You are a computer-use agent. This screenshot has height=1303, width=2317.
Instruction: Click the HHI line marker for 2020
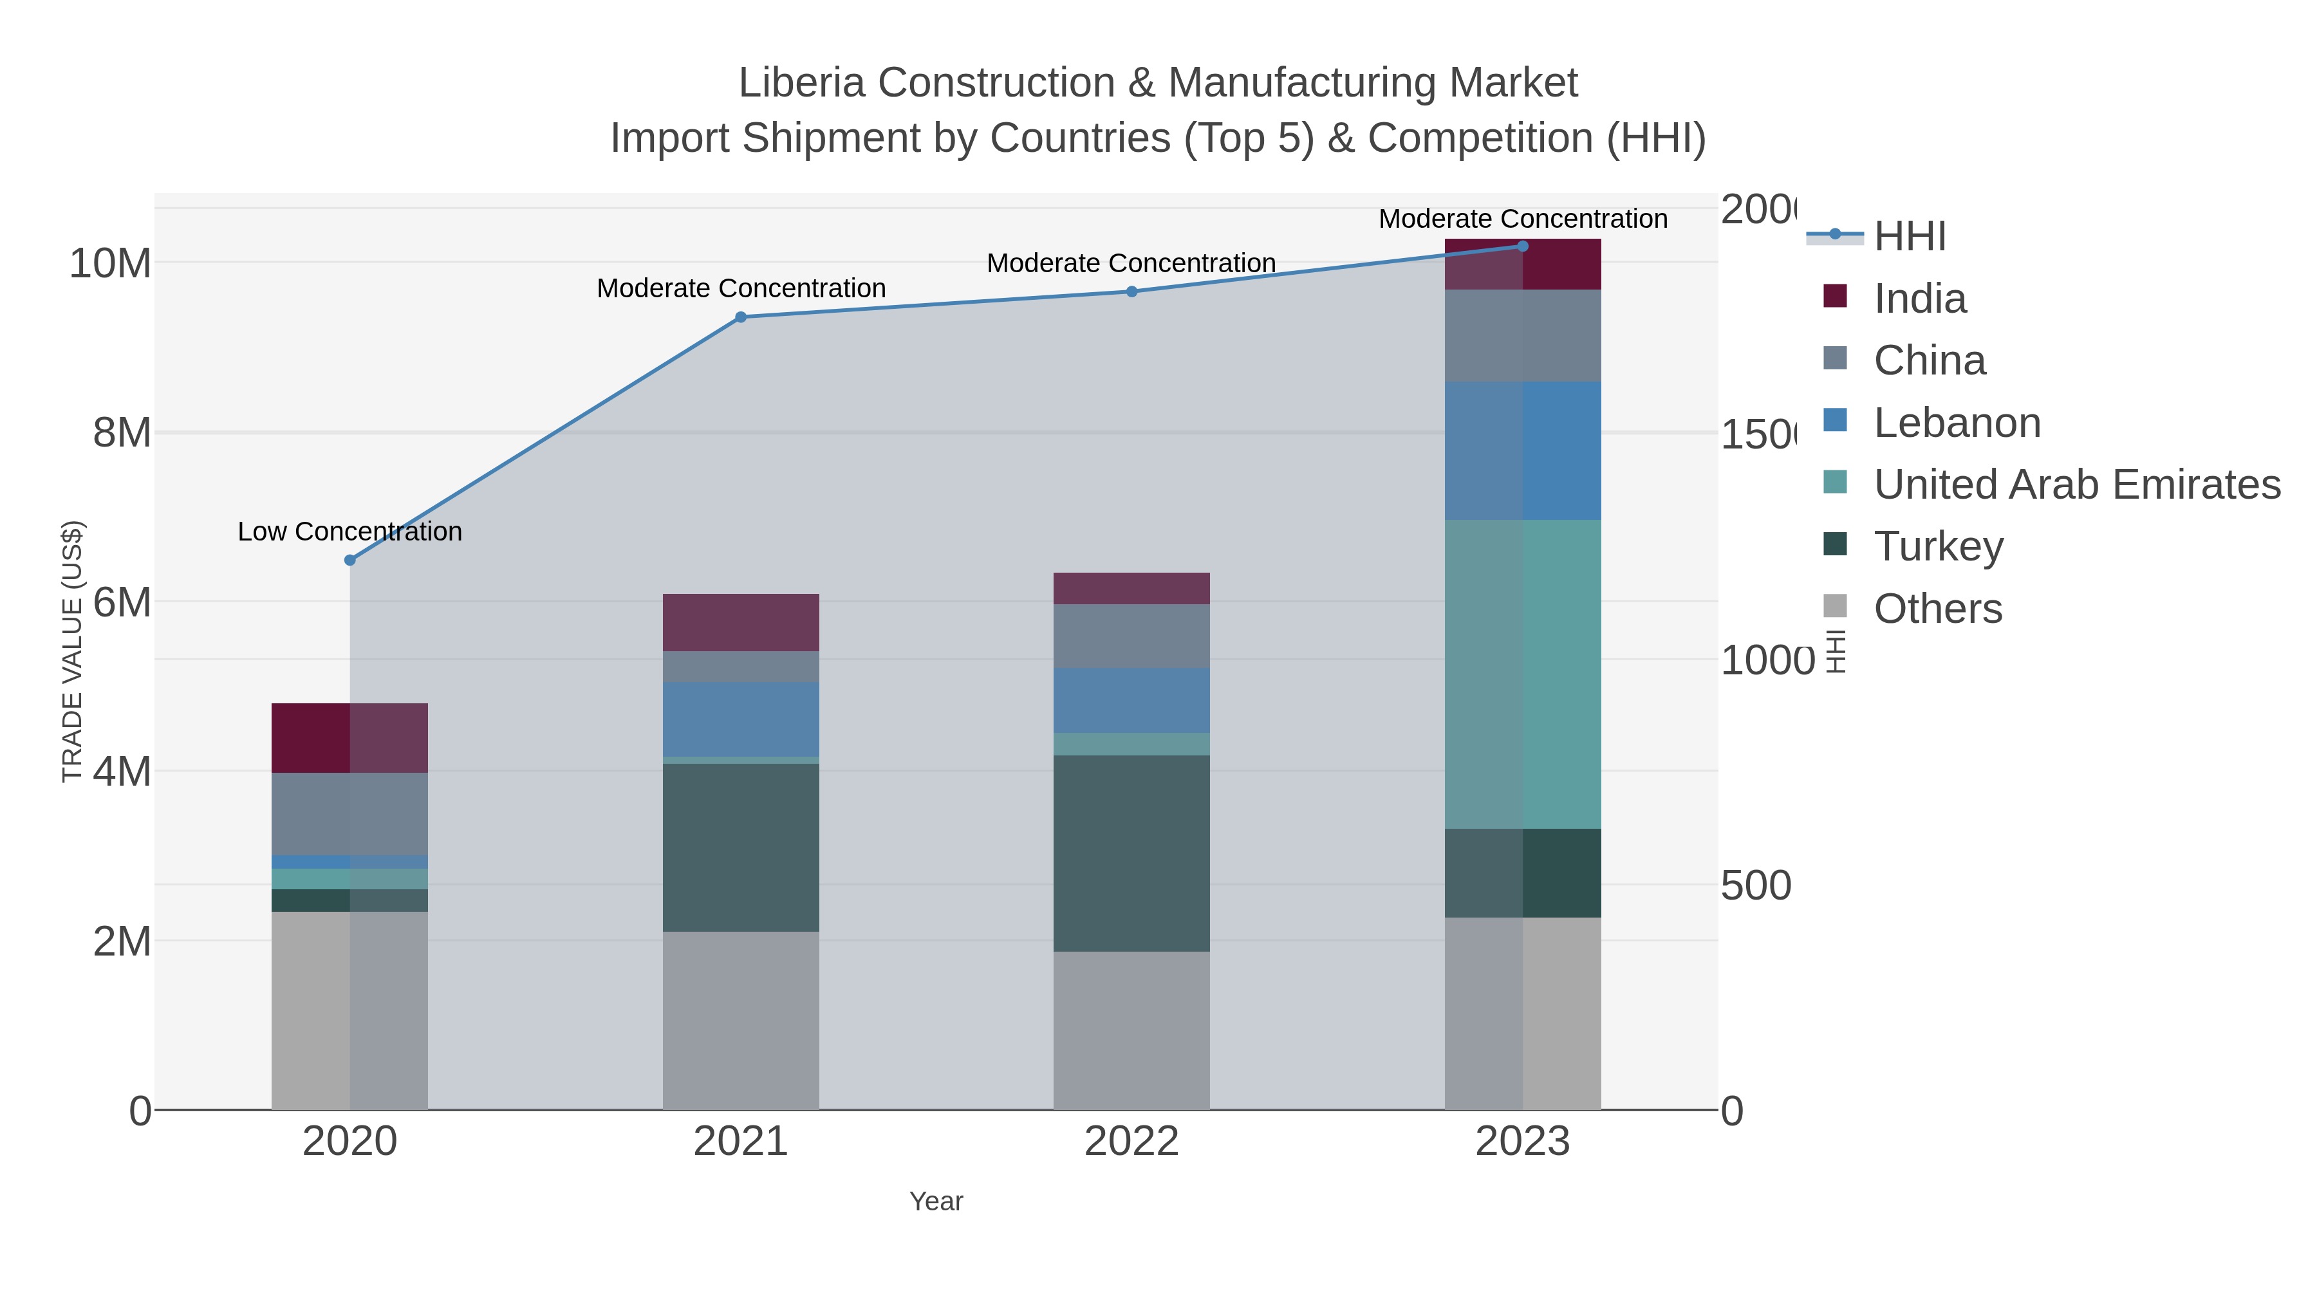point(350,560)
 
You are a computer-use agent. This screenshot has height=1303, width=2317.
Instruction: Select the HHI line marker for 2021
point(740,317)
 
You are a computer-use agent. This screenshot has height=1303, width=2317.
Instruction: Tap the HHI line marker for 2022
point(1131,291)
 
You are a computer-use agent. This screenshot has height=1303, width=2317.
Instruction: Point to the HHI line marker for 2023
point(1522,246)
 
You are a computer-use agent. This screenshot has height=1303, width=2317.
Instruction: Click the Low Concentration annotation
point(350,531)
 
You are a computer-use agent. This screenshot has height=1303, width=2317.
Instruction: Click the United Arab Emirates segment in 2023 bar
point(1522,674)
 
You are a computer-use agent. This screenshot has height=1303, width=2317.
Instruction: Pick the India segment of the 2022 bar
point(1131,588)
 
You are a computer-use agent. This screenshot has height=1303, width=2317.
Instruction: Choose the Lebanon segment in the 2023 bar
point(1522,450)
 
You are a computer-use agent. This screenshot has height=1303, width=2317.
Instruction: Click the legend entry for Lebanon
point(1957,423)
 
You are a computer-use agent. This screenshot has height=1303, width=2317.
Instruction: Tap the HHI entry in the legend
point(1910,237)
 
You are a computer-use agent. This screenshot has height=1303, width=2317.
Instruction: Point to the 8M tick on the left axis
point(122,432)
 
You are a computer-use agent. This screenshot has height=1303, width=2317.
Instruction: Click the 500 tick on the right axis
point(1756,886)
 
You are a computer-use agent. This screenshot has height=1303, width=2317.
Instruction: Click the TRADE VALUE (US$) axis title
point(72,651)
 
